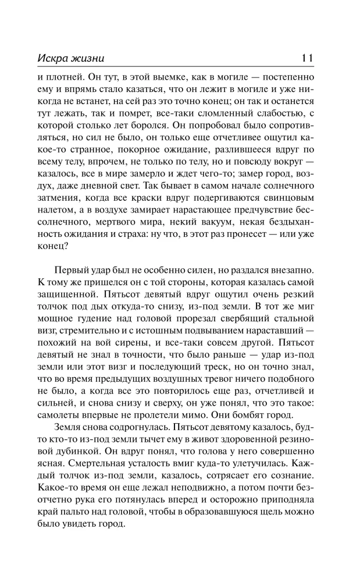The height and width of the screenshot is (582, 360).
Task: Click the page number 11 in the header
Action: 308,58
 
